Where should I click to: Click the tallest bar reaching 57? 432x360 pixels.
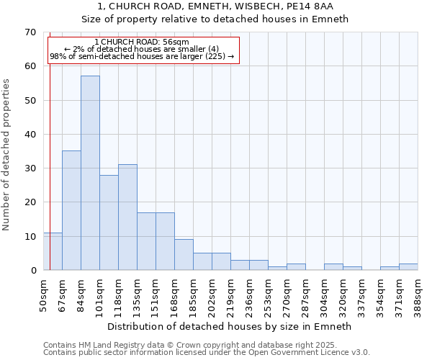(90, 173)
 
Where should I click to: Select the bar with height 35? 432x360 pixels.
(71, 210)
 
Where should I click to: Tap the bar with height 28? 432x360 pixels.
(109, 222)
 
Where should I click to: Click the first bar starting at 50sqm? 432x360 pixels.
(53, 251)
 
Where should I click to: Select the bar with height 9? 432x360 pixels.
(184, 255)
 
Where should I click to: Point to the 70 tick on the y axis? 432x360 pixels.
(30, 32)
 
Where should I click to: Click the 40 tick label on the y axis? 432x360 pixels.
(30, 135)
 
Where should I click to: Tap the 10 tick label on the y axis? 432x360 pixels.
(30, 237)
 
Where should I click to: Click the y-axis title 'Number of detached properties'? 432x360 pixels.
(7, 155)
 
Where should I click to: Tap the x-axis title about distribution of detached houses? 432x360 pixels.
(230, 326)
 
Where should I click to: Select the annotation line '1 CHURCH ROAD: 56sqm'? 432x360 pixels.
(142, 42)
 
